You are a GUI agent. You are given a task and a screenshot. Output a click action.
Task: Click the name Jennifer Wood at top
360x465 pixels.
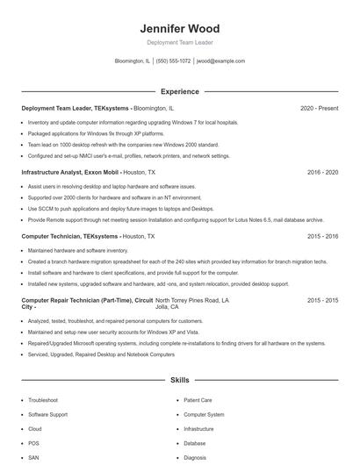[x=179, y=29]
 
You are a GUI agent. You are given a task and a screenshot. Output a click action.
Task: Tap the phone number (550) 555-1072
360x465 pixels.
[x=174, y=61]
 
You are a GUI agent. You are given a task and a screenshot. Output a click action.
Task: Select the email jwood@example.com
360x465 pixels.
[x=220, y=61]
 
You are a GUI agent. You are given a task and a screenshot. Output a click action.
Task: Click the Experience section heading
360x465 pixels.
[x=179, y=91]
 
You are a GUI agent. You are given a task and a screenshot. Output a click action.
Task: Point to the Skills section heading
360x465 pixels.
[x=179, y=381]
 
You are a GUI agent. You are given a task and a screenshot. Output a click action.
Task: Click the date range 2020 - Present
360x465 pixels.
[x=319, y=108]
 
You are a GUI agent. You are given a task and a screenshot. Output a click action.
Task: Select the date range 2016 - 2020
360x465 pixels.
[x=322, y=173]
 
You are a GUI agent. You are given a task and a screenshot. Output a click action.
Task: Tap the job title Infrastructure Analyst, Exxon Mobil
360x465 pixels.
[x=69, y=173]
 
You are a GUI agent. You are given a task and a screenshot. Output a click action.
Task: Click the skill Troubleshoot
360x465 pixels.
[x=43, y=399]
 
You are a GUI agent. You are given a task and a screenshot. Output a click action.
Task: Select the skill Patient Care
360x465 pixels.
[x=198, y=399]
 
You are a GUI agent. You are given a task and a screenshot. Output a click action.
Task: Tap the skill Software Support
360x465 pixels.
[x=47, y=414]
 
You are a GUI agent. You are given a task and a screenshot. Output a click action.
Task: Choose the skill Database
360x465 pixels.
[x=195, y=443]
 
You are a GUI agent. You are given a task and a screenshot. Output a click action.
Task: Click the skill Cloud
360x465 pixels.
[x=35, y=429]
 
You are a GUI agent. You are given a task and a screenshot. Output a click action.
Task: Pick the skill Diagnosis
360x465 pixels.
[x=195, y=458]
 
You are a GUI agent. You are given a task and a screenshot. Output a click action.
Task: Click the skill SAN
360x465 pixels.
[x=33, y=458]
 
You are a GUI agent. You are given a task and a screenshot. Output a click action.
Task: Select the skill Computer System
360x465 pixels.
[x=204, y=414]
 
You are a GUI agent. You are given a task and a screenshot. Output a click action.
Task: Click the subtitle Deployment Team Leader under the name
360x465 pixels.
[x=179, y=42]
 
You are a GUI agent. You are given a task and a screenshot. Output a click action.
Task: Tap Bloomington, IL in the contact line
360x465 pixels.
[x=132, y=61]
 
